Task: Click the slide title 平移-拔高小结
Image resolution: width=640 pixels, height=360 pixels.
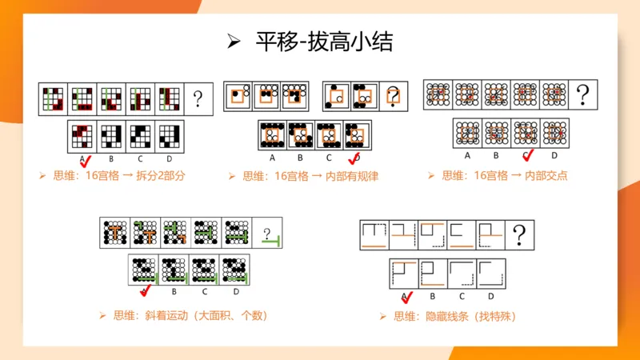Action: coord(323,42)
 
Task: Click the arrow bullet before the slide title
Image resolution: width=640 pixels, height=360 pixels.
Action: coord(234,42)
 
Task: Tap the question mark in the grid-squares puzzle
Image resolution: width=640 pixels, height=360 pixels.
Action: coord(198,99)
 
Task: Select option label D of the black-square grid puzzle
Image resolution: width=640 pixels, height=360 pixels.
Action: coord(170,158)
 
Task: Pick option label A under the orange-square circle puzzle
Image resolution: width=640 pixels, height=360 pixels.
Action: coord(273,158)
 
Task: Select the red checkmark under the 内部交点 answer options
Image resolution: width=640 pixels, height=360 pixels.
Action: coord(527,154)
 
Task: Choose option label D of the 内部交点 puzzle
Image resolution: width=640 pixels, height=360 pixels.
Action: coord(554,155)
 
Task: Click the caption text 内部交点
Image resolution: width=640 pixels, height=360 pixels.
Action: coord(544,175)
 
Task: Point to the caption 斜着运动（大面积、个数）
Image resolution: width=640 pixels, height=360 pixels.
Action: coord(190,315)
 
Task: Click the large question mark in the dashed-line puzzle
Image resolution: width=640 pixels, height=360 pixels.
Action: coord(521,235)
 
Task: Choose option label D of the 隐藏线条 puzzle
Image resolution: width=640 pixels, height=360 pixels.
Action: coord(490,294)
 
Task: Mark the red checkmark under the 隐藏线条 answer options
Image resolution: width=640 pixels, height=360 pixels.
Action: coord(406,297)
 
